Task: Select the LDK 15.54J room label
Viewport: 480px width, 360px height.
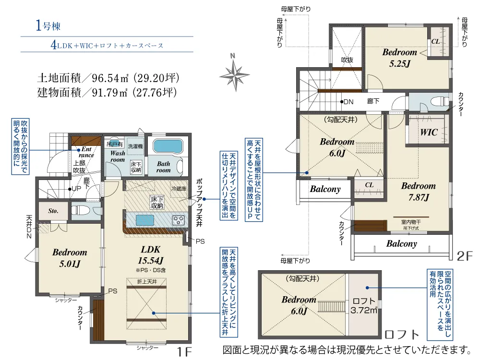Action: coord(153,254)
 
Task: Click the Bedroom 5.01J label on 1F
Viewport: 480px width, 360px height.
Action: coord(70,257)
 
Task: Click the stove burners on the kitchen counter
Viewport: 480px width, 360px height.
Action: coord(179,220)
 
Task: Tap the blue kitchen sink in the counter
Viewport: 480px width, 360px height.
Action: coord(145,220)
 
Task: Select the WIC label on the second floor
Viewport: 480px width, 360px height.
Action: coord(429,132)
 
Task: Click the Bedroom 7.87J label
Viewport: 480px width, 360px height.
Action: coord(418,191)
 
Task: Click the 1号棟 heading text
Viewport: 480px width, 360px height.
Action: coord(48,26)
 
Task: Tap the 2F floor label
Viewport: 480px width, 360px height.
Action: coord(465,256)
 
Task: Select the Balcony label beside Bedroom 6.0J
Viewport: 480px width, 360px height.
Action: coord(325,189)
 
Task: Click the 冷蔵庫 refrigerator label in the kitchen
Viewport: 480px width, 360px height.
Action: coord(179,189)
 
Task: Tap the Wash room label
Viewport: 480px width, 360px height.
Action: coord(118,156)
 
